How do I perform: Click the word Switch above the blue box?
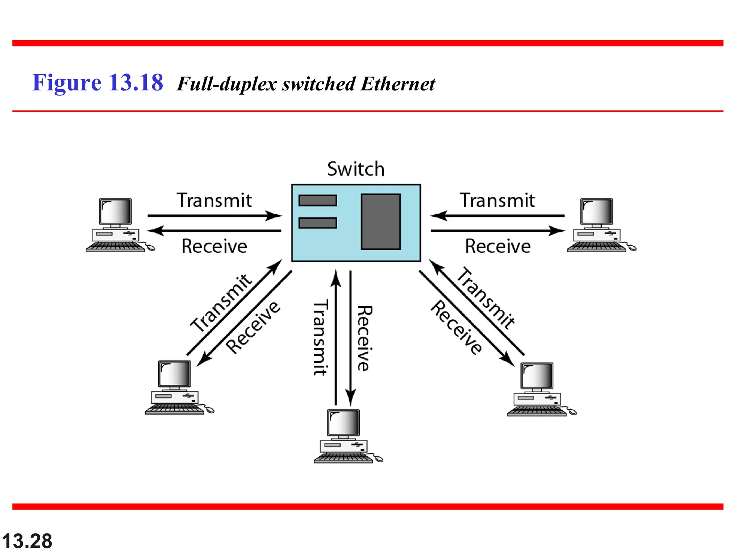tap(355, 169)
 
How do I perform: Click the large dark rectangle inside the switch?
tap(380, 222)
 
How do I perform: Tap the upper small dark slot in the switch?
tap(318, 200)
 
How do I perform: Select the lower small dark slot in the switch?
tap(318, 223)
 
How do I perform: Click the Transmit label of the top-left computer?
tap(214, 201)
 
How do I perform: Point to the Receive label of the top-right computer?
tap(498, 247)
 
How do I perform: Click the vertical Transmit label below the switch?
tap(320, 337)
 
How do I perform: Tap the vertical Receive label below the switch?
tap(365, 338)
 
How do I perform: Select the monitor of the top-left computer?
tap(115, 211)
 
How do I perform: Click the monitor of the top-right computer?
tap(596, 211)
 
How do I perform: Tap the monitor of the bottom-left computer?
tap(175, 374)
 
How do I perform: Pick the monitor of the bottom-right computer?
tap(537, 376)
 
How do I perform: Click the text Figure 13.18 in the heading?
tap(97, 83)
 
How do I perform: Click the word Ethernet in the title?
tap(397, 84)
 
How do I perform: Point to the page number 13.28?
tap(27, 541)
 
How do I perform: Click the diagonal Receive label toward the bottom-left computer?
tap(253, 327)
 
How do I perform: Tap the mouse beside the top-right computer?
tap(632, 248)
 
